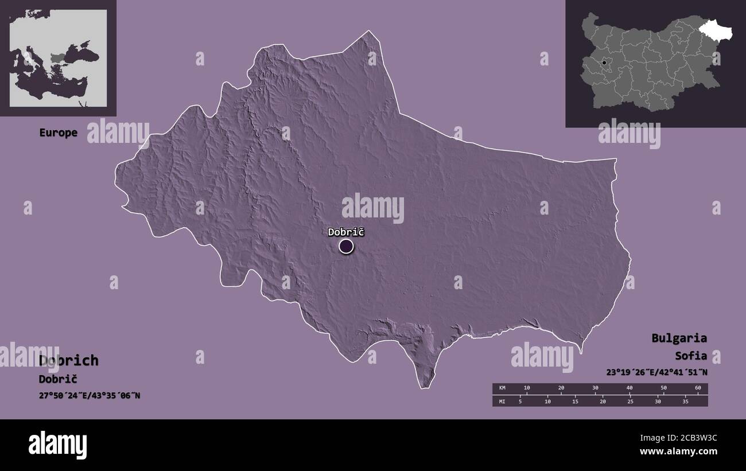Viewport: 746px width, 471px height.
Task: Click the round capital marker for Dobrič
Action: [x=346, y=247]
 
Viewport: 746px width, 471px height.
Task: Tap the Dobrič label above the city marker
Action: [x=346, y=232]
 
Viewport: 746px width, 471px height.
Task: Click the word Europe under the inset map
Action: [x=58, y=133]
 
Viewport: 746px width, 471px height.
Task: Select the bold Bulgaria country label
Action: [x=679, y=338]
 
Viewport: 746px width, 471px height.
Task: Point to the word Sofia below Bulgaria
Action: [x=691, y=355]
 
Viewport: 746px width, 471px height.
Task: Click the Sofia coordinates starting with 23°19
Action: [x=656, y=372]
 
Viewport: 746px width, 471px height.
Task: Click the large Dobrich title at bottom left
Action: [x=69, y=360]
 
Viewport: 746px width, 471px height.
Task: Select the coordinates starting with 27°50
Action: [x=90, y=396]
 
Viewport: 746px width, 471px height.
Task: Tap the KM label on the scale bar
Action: [x=502, y=388]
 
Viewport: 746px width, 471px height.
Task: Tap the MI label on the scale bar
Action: [x=502, y=401]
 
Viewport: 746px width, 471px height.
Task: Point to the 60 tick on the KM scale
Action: [x=698, y=388]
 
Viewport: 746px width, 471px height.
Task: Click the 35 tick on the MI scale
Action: [x=685, y=401]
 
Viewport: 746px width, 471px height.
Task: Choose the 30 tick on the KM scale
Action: [x=595, y=388]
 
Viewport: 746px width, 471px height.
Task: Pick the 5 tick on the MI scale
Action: [x=520, y=401]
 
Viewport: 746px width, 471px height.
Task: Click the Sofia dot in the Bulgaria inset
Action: [x=604, y=62]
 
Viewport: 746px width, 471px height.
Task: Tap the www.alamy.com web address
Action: [x=678, y=451]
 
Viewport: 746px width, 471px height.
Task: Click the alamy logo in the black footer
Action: [x=57, y=445]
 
